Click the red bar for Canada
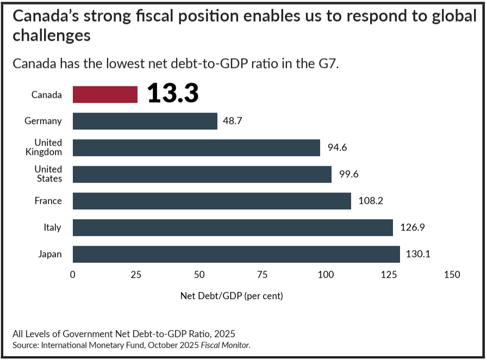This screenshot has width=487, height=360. pyautogui.click(x=105, y=95)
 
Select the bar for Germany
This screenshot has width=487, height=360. pyautogui.click(x=145, y=121)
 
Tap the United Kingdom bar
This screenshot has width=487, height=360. pyautogui.click(x=196, y=147)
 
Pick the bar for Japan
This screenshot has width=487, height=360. pyautogui.click(x=236, y=254)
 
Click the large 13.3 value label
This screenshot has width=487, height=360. pyautogui.click(x=172, y=94)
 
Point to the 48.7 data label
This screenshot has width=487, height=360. pyautogui.click(x=233, y=121)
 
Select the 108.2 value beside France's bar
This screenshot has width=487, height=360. pyautogui.click(x=371, y=201)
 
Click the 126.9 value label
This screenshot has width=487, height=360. pyautogui.click(x=413, y=227)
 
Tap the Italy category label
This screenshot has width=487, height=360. pyautogui.click(x=53, y=227)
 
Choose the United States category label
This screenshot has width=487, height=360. pyautogui.click(x=48, y=174)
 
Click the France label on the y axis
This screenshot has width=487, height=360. pyautogui.click(x=48, y=201)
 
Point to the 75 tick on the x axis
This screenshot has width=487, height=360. pyautogui.click(x=263, y=275)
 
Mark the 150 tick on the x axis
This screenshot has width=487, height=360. pyautogui.click(x=452, y=275)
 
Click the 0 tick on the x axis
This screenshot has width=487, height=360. pyautogui.click(x=73, y=275)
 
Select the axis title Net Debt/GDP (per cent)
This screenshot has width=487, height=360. pyautogui.click(x=232, y=296)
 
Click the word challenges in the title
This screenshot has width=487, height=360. pyautogui.click(x=51, y=36)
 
